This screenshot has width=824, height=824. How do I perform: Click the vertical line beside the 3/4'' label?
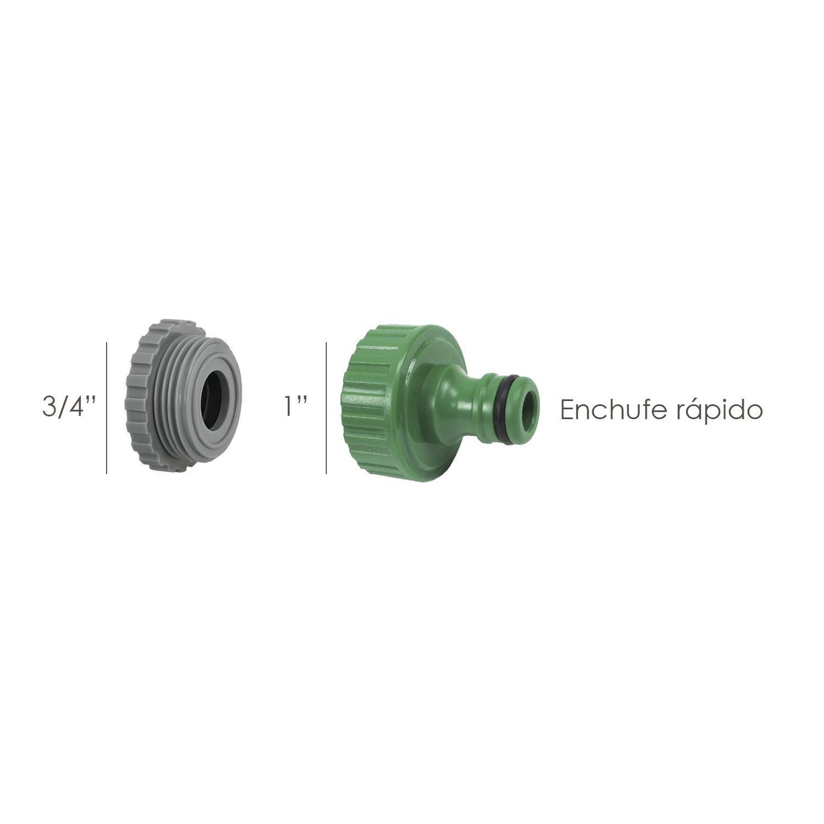pyautogui.click(x=107, y=408)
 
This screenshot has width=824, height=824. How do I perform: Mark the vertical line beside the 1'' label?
pyautogui.click(x=326, y=408)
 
